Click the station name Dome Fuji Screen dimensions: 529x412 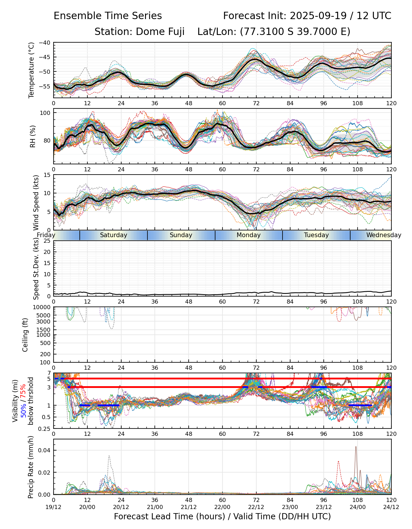(160, 31)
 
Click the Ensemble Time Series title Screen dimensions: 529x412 (108, 16)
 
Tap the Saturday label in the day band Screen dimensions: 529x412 (113, 235)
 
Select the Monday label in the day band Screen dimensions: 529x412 (249, 235)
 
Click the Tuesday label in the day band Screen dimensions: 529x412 (316, 235)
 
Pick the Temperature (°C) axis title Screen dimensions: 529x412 (31, 70)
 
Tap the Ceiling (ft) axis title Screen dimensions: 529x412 (25, 335)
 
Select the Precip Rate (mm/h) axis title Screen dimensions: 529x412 (31, 467)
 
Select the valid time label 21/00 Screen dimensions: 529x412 (155, 507)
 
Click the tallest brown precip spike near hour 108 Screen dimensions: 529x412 (356, 447)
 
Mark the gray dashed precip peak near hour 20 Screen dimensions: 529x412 (109, 456)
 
